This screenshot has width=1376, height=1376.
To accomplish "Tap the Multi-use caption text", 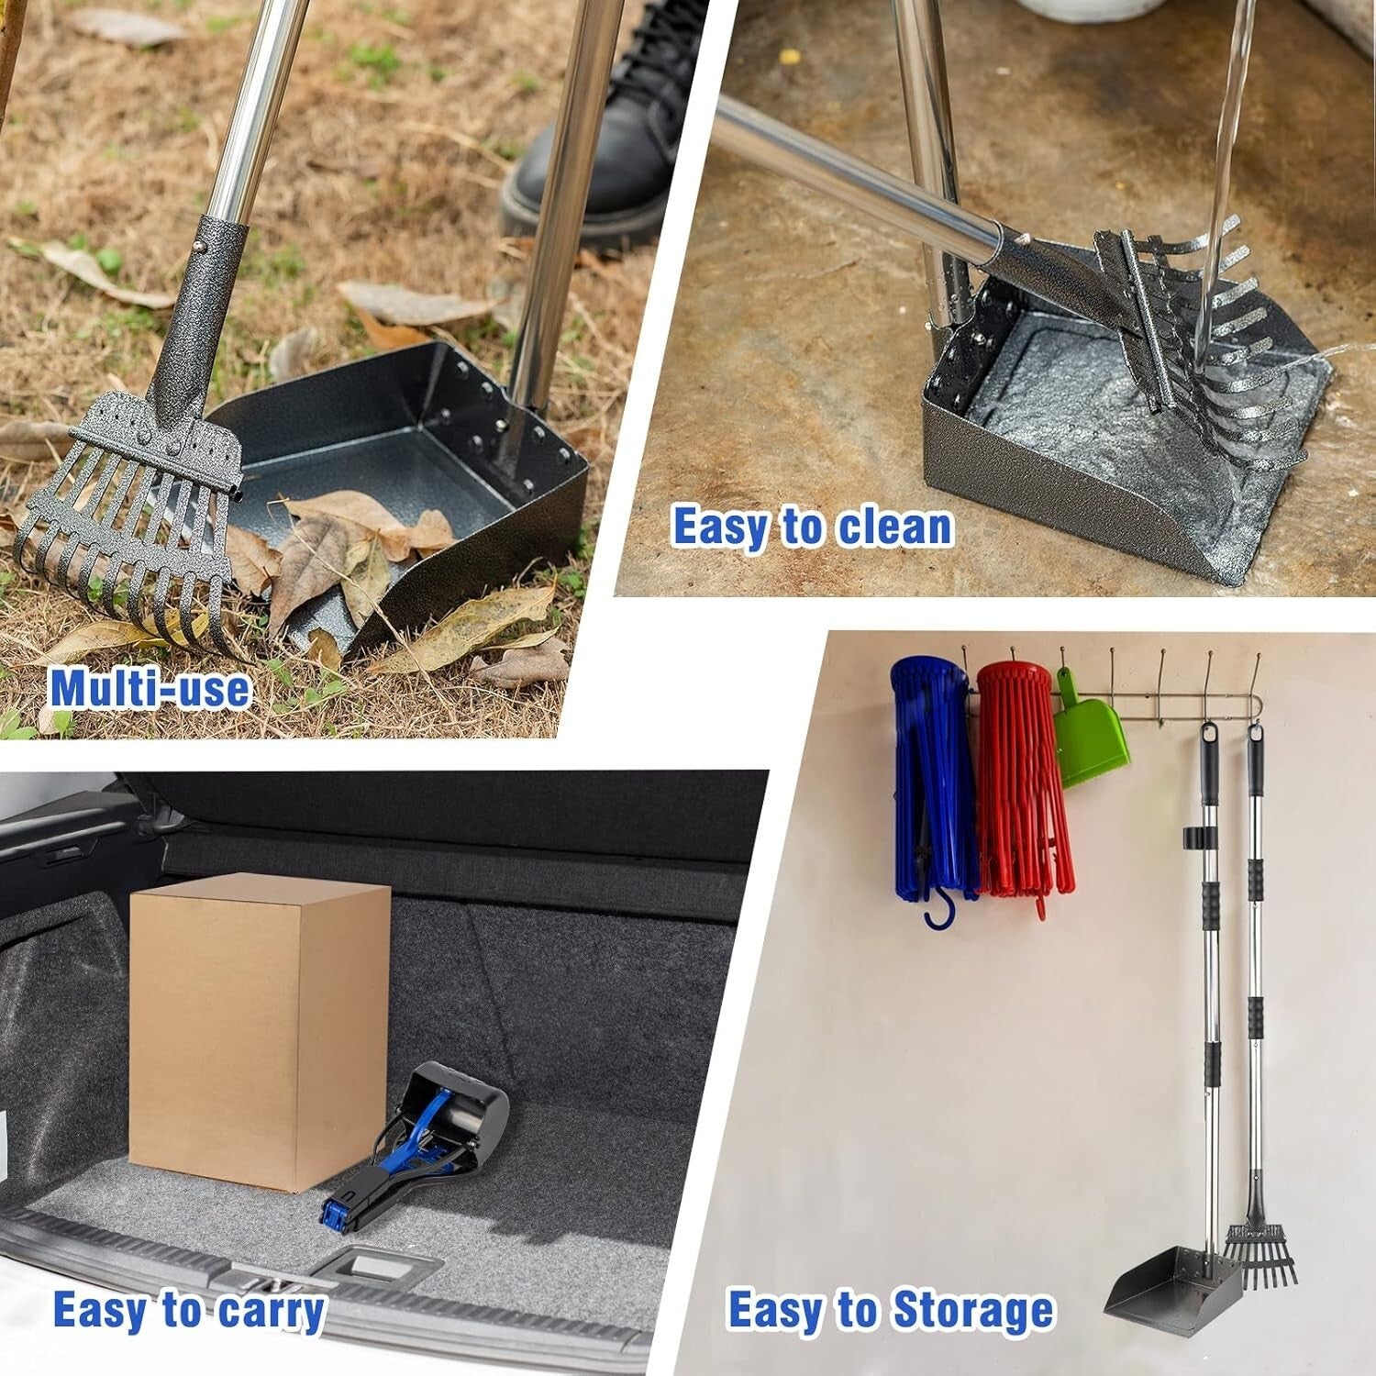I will click(x=150, y=689).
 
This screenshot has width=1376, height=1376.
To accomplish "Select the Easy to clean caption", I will click(x=812, y=527).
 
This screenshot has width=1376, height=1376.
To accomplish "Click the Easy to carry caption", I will click(x=188, y=1310).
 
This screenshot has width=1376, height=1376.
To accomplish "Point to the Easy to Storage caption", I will click(x=890, y=1310).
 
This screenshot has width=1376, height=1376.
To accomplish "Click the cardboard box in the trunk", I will click(x=259, y=1032).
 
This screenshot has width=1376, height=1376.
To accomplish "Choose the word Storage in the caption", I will click(x=972, y=1310).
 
